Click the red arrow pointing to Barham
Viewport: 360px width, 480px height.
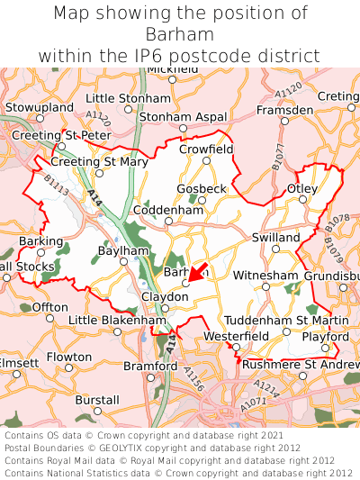pyautogui.click(x=198, y=272)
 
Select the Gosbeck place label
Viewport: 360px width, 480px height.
pyautogui.click(x=202, y=189)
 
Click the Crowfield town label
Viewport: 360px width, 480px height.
pyautogui.click(x=206, y=149)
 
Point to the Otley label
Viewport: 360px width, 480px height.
pyautogui.click(x=301, y=188)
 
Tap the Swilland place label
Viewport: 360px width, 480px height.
pyautogui.click(x=275, y=237)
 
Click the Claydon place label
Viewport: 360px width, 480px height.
pyautogui.click(x=165, y=296)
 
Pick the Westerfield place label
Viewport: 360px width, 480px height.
pyautogui.click(x=236, y=336)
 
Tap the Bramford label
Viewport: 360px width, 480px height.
pyautogui.click(x=150, y=367)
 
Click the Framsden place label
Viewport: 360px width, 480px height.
pyautogui.click(x=284, y=109)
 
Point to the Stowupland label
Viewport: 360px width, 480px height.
pyautogui.click(x=39, y=107)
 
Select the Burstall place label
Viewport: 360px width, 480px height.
pyautogui.click(x=97, y=399)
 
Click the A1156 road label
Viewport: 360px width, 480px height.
pyautogui.click(x=193, y=379)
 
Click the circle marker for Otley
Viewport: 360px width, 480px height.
pyautogui.click(x=301, y=200)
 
